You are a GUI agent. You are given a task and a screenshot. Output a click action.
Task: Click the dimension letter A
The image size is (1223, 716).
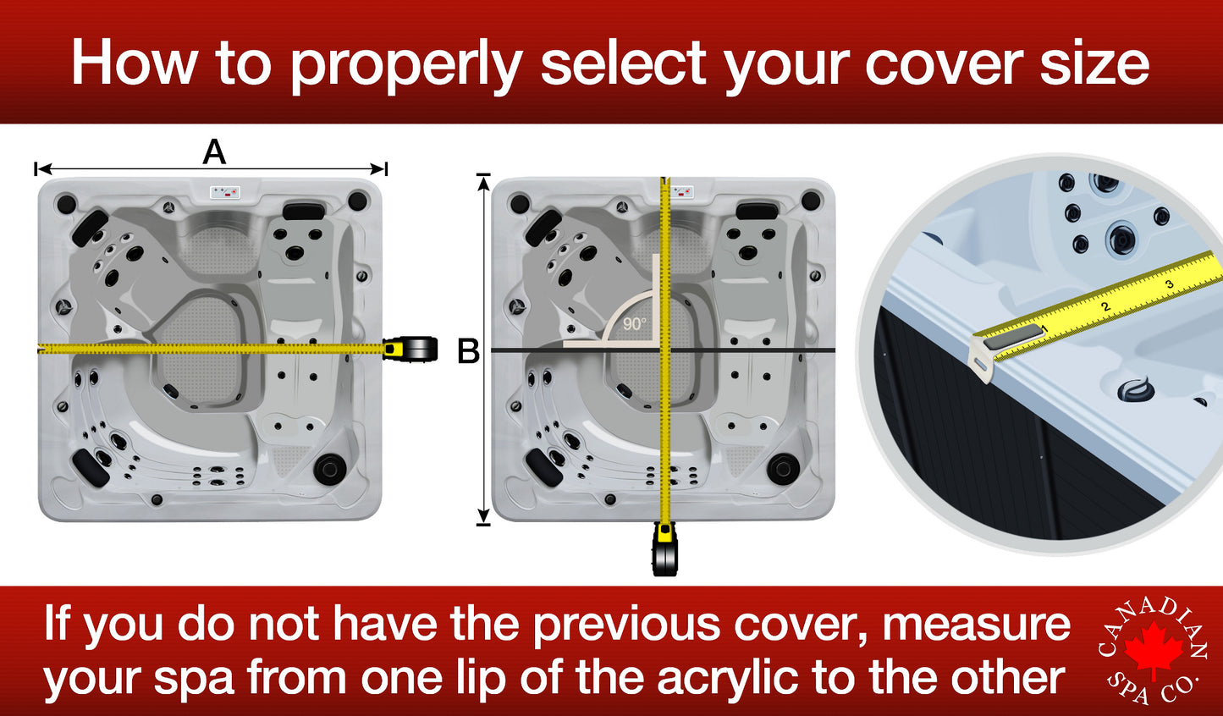tap(214, 152)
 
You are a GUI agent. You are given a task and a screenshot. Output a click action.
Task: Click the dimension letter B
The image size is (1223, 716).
tap(468, 350)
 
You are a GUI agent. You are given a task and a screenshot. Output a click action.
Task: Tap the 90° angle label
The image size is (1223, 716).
tap(634, 323)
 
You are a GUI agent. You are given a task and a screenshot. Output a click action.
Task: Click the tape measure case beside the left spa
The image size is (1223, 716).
tap(411, 349)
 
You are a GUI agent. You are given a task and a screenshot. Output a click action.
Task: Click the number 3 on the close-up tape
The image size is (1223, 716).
tap(1170, 284)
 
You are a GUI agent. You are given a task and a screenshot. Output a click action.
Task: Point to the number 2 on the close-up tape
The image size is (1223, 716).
tap(1105, 306)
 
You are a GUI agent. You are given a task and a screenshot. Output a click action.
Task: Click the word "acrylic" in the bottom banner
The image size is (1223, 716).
tap(727, 678)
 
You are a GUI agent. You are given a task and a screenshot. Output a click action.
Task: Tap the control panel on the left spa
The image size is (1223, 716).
tap(225, 192)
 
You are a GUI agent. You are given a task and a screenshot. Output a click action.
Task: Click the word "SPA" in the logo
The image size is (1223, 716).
tap(1129, 687)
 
